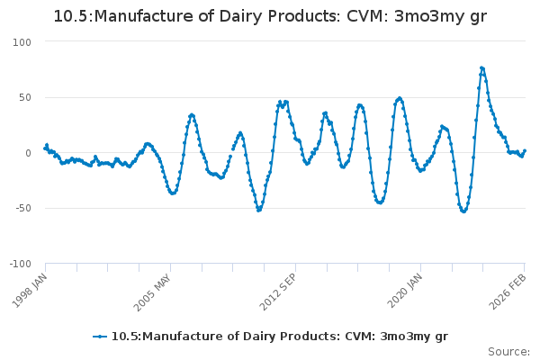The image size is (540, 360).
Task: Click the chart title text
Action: pos(270,16)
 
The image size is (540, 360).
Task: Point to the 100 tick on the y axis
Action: pos(22,42)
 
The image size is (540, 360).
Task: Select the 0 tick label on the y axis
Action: pos(28,153)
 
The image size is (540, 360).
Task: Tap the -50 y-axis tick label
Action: pos(22,208)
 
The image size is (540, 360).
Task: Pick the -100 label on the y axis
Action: pos(20,264)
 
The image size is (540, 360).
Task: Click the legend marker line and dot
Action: pos(100,337)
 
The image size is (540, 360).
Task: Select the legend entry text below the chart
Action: pos(279,337)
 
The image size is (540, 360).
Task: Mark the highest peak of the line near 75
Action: pos(481,67)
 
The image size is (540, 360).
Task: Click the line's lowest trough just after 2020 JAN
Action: pos(463,211)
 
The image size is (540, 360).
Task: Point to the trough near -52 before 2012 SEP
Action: pos(258,210)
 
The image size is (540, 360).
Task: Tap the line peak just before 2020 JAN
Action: pos(400,98)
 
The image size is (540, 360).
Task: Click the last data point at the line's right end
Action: pos(525,151)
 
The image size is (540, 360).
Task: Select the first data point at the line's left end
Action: pos(45,148)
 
